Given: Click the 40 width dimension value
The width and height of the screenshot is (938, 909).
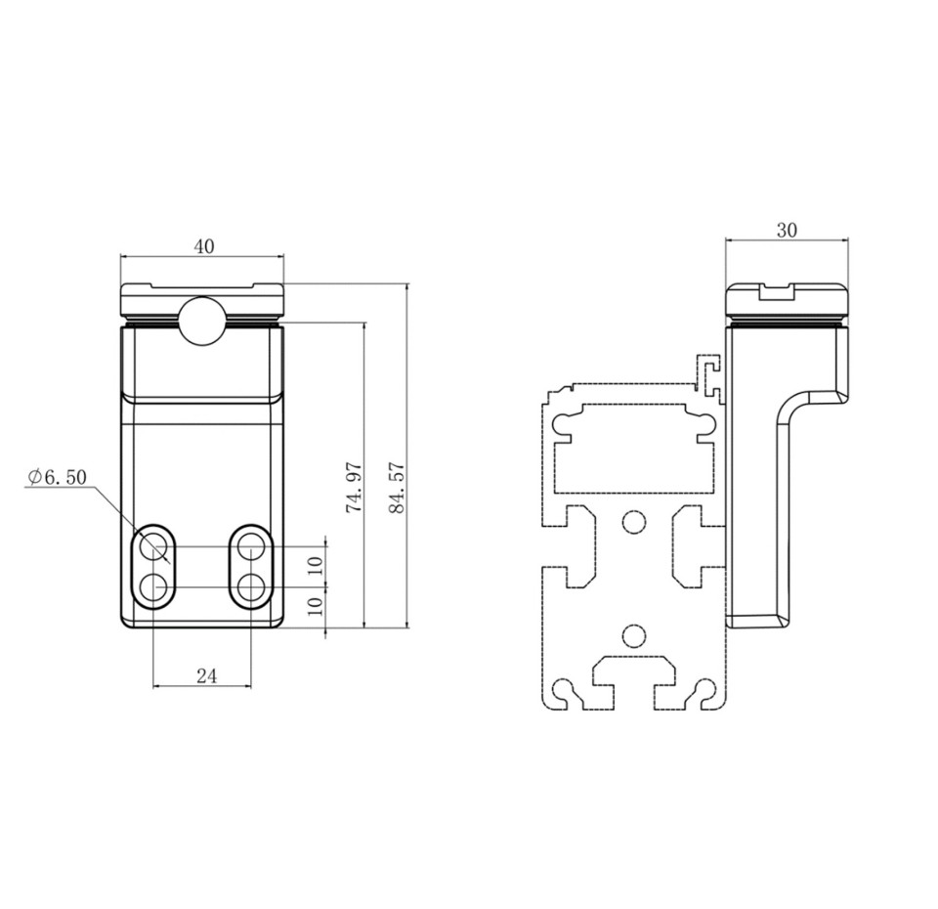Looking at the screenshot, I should coord(202,246).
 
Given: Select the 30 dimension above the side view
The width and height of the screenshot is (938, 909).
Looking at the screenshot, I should coord(787,231).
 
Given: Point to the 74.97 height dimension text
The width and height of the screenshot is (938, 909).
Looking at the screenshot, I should coord(355,488).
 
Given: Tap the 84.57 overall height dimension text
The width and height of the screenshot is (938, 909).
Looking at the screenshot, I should coord(396,488).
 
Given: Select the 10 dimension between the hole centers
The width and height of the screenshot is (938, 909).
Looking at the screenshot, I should coord(314,565).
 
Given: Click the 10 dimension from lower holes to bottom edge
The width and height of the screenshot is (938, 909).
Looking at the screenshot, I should coord(314,606).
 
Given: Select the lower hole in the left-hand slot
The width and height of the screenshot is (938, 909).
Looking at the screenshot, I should coord(153,587).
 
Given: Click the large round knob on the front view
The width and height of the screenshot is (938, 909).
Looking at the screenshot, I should coord(200,319).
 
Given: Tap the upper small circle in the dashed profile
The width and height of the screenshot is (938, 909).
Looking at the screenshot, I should coord(633,523).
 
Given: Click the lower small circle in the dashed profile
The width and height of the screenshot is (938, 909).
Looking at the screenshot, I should coord(633,636).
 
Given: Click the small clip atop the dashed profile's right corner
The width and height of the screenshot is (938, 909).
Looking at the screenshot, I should coord(711,376).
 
